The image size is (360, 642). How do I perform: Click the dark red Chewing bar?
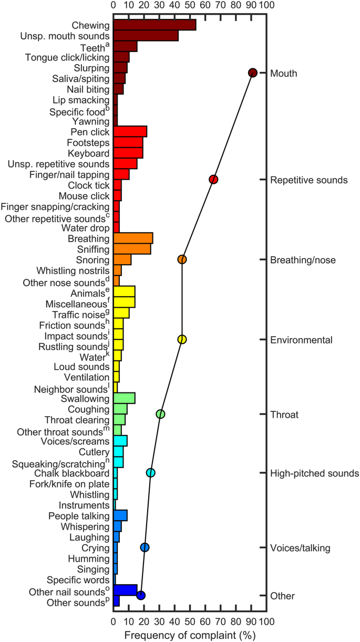(x=155, y=25)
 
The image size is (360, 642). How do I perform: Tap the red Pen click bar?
(x=130, y=131)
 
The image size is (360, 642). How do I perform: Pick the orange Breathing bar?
(x=133, y=239)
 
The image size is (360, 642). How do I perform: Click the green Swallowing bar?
(x=124, y=398)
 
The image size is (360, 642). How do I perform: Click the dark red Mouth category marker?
(x=252, y=73)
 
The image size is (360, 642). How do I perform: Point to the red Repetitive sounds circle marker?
(x=213, y=180)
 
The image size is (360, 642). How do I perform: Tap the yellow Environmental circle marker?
(x=182, y=339)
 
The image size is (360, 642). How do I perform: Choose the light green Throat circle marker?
(x=161, y=414)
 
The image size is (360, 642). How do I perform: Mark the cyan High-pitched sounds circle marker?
(x=151, y=473)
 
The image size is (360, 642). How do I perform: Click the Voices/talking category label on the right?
(x=300, y=548)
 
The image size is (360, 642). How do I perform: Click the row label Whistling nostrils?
(x=73, y=271)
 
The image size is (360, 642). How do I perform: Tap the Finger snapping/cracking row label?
(x=55, y=206)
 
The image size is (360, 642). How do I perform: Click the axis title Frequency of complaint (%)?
(x=190, y=635)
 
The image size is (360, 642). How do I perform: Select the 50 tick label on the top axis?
(x=190, y=5)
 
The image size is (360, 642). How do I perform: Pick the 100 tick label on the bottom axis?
(x=266, y=622)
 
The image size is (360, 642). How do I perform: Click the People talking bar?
(x=120, y=515)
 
